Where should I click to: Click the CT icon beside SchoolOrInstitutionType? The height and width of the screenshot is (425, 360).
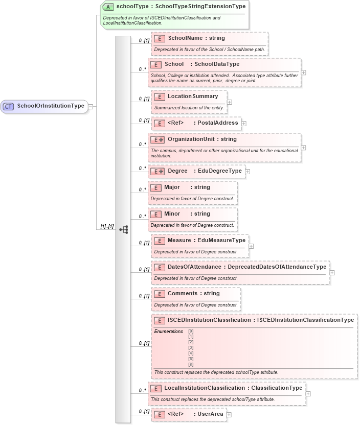(9, 106)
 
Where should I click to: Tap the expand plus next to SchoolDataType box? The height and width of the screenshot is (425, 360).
(304, 72)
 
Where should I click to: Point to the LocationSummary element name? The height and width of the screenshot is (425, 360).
(193, 96)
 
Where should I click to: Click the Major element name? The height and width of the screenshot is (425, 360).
(172, 187)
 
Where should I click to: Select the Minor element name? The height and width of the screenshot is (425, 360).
(172, 214)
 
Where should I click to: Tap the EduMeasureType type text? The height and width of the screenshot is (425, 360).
(222, 240)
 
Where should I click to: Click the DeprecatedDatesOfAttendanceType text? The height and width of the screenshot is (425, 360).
(277, 267)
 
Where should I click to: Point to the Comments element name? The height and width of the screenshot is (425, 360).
(183, 293)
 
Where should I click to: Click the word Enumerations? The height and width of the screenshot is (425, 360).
(168, 332)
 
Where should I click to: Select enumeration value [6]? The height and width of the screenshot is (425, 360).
(191, 364)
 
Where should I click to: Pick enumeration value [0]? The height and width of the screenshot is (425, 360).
(191, 332)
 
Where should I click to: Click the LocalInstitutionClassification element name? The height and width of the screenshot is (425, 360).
(205, 388)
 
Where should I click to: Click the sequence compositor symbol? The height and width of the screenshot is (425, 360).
(123, 229)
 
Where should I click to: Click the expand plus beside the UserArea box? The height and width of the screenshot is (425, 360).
(229, 415)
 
